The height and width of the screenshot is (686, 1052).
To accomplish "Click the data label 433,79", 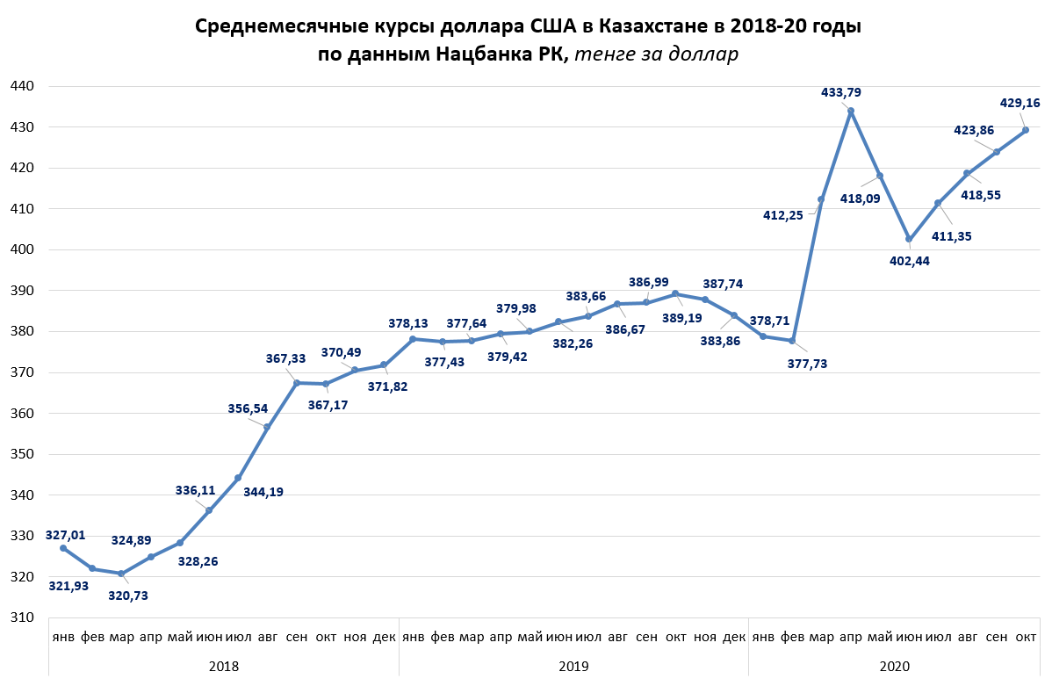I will pos(840,91).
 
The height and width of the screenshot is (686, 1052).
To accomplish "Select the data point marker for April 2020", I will pos(850,111).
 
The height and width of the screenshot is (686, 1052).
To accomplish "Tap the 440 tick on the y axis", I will pos(22,86).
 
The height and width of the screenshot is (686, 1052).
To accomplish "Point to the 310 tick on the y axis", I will pos(22,617).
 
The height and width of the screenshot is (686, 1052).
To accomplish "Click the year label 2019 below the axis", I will pos(573,667).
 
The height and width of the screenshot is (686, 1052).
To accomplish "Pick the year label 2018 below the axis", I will pos(224,667).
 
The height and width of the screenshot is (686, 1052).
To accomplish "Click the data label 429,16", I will pos(1020,103).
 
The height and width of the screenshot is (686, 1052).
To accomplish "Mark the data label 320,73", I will pos(128,596).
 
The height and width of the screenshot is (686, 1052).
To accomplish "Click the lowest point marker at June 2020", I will pos(909,239).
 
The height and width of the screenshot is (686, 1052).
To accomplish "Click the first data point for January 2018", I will pos(63,548).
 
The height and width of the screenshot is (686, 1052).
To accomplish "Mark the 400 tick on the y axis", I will pos(22,249).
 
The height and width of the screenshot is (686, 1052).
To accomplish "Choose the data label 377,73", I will pos(807,363).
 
